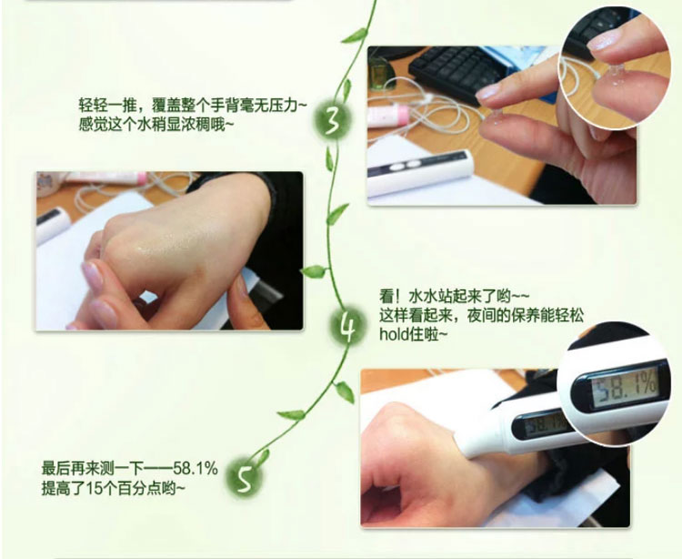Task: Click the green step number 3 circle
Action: tap(332, 119)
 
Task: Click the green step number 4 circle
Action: tap(346, 326)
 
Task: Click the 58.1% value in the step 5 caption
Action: tap(196, 469)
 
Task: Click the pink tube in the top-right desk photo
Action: tap(388, 117)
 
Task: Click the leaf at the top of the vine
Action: tap(355, 35)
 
